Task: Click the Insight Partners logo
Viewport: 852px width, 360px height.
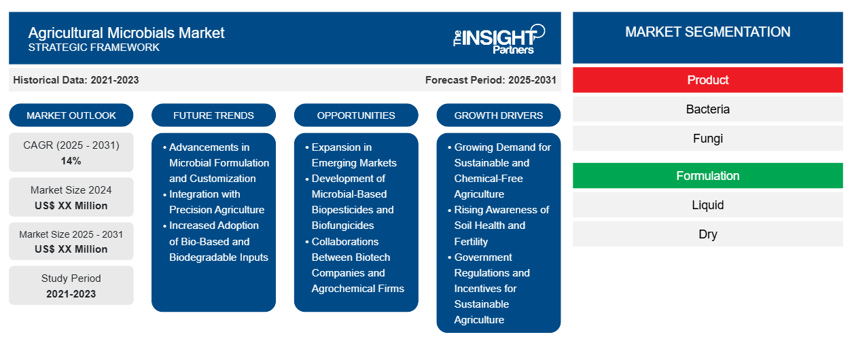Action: point(499,39)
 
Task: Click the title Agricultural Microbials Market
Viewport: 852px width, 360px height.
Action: point(126,33)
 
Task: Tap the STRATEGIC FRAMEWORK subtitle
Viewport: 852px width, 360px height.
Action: point(94,48)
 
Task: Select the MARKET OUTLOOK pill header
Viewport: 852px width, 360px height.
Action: point(71,115)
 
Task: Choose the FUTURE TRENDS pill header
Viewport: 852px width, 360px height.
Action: point(213,115)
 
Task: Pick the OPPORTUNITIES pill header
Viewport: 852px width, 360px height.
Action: point(356,115)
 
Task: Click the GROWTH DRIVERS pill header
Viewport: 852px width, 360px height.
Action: point(498,115)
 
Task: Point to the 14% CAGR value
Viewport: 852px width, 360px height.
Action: point(71,161)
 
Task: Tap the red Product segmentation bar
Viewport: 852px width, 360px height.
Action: point(707,80)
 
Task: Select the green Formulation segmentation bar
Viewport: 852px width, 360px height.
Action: point(707,176)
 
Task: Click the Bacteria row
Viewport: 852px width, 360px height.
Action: point(707,109)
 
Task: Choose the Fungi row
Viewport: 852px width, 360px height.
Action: point(707,139)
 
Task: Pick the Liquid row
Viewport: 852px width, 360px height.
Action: point(707,205)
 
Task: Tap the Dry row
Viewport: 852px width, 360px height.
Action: point(707,234)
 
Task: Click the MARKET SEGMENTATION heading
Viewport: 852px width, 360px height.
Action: point(707,32)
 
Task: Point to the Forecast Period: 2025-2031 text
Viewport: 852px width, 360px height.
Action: point(491,80)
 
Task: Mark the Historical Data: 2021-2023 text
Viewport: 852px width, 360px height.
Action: point(76,80)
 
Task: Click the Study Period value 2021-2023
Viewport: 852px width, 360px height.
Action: point(71,294)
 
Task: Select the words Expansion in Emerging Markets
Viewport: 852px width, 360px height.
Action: point(354,155)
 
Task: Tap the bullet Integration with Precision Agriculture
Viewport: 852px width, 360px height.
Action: point(217,202)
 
